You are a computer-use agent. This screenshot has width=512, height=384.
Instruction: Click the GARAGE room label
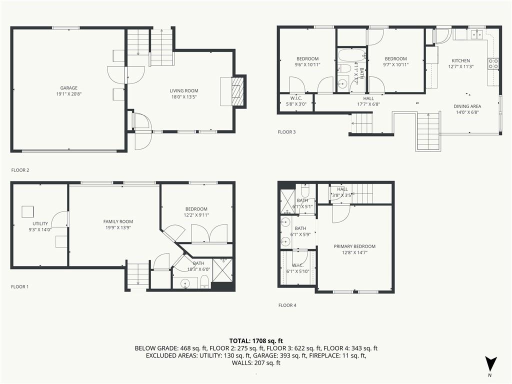pos(69,88)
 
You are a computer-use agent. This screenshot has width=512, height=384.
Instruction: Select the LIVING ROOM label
pos(184,91)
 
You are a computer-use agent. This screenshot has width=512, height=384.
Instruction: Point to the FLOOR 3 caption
pos(286,132)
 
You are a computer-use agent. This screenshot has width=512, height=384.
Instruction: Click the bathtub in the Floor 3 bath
pos(351,55)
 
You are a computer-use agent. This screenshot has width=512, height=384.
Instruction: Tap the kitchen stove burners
pos(493,63)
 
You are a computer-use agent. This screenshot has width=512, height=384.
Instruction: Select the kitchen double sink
pos(477,34)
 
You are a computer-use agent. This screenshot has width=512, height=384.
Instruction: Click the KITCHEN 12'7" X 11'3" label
pos(460,63)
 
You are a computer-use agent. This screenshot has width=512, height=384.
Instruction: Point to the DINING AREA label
pos(467,106)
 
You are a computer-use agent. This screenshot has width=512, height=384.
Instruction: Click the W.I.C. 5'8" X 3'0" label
pos(296,101)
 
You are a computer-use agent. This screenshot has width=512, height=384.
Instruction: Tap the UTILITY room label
pos(40,223)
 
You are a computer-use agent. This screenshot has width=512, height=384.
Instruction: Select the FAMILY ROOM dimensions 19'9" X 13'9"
pos(118,227)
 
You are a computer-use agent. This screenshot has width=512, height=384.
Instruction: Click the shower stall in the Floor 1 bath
pos(222,269)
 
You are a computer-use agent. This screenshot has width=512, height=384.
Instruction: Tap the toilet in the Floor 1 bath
pos(204,282)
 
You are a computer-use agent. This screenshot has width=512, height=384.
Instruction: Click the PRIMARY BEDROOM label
pos(354,246)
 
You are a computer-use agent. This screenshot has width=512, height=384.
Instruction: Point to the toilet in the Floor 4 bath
pos(304,189)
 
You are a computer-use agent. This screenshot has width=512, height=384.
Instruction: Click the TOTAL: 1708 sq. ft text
pos(256,341)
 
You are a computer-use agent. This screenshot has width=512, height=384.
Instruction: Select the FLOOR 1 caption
pos(20,286)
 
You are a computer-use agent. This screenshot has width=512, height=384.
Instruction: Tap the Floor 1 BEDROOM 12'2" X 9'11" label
pos(196,212)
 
